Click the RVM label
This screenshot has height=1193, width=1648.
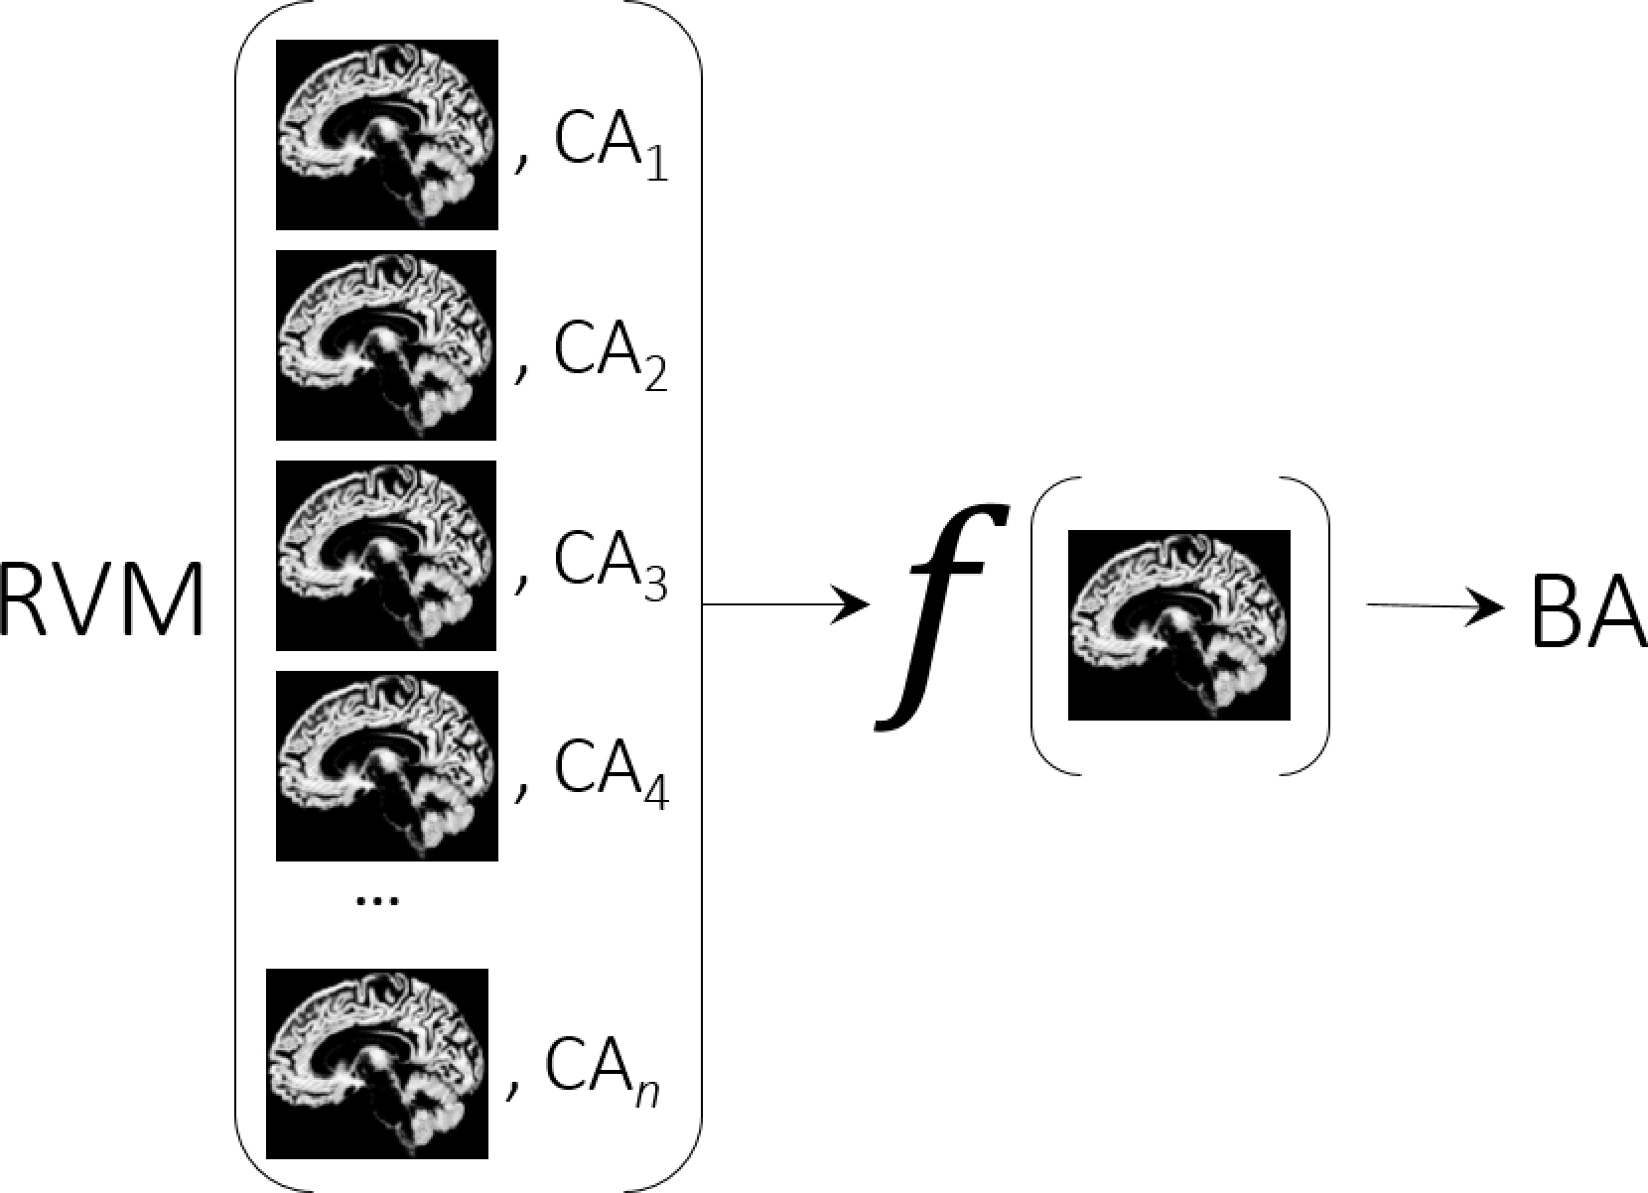pyautogui.click(x=101, y=600)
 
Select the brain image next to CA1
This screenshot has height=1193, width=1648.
pyautogui.click(x=386, y=134)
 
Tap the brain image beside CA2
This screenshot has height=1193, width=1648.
pyautogui.click(x=386, y=344)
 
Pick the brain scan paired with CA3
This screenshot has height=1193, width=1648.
pyautogui.click(x=386, y=555)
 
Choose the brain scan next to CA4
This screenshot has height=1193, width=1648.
pyautogui.click(x=386, y=765)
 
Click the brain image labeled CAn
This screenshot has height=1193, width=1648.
pyautogui.click(x=377, y=1063)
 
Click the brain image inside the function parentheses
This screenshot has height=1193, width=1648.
pyautogui.click(x=1178, y=624)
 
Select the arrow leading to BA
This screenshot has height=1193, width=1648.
pyautogui.click(x=1436, y=605)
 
